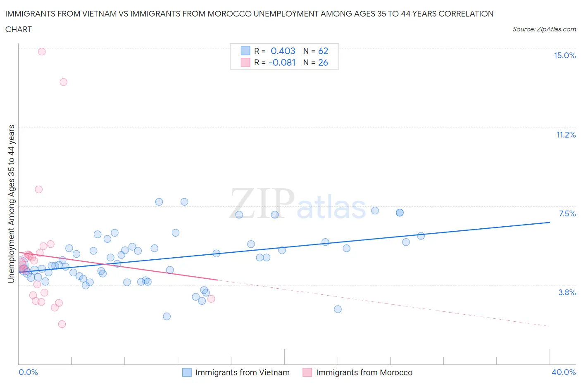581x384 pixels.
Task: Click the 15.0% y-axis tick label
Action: coord(564,56)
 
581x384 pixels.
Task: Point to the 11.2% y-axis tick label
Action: coord(566,135)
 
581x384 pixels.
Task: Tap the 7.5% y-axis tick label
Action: coord(567,213)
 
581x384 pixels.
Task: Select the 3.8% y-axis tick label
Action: coord(567,292)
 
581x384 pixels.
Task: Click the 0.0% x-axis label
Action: coord(28,372)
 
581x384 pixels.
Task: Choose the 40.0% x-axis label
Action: coord(564,372)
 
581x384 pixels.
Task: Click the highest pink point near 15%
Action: coord(42,52)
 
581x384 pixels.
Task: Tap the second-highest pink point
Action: coord(63,82)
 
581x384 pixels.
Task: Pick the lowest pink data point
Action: coord(62,324)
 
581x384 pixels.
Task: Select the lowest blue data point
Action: coord(167,316)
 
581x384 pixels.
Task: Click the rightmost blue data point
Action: coord(421,236)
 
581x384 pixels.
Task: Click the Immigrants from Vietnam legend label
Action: coord(242,372)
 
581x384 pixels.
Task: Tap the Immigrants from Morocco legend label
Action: coord(364,372)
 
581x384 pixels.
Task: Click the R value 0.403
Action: coord(283,51)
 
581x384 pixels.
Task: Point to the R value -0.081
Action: coord(282,62)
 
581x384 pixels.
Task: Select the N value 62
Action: coord(323,51)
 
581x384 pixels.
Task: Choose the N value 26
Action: coord(323,62)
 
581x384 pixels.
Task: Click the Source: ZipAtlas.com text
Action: coord(544,29)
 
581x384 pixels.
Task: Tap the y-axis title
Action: coord(11,204)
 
